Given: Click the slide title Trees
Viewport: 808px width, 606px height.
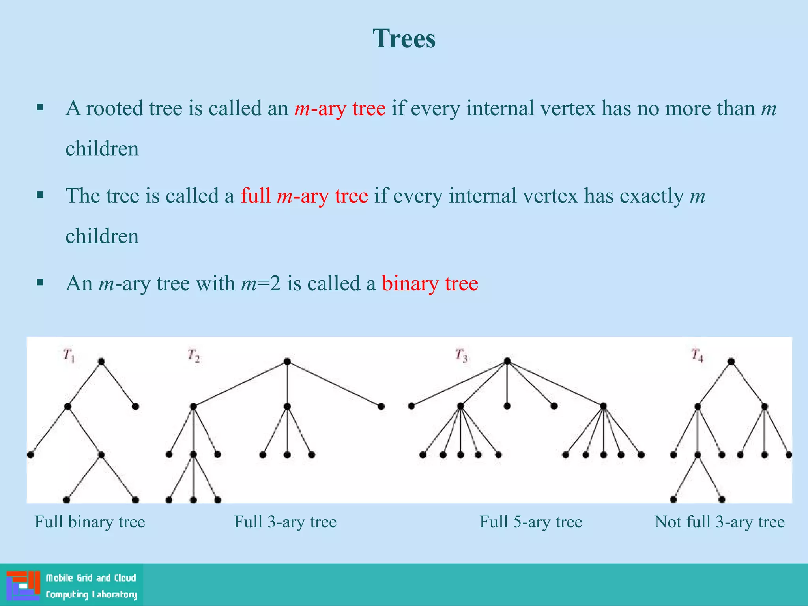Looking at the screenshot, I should pyautogui.click(x=404, y=39).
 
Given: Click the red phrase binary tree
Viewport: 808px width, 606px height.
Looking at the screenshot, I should pyautogui.click(x=430, y=284).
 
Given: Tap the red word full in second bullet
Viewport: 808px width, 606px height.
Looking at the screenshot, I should pyautogui.click(x=256, y=196).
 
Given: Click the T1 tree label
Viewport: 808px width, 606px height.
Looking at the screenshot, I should pyautogui.click(x=69, y=355).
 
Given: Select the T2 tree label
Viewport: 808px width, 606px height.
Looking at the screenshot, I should pyautogui.click(x=194, y=355).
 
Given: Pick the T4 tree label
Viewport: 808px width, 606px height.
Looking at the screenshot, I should pyautogui.click(x=697, y=355).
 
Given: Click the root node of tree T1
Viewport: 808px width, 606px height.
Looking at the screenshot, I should pyautogui.click(x=101, y=361).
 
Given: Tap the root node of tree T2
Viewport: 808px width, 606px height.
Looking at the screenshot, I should pyautogui.click(x=287, y=361).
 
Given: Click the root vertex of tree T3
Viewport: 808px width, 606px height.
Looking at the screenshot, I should pyautogui.click(x=507, y=361).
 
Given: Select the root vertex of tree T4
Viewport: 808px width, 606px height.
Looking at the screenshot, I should pyautogui.click(x=731, y=361).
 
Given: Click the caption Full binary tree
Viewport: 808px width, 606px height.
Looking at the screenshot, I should pyautogui.click(x=90, y=522).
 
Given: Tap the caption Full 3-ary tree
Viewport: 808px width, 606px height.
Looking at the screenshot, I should pyautogui.click(x=285, y=522).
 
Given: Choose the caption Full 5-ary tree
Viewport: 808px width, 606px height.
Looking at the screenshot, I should pyautogui.click(x=531, y=522).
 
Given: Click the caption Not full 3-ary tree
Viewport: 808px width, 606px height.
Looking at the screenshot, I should pyautogui.click(x=719, y=522).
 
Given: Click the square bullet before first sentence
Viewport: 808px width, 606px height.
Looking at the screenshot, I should pyautogui.click(x=40, y=108).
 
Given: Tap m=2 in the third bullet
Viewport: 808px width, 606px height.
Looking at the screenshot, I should pyautogui.click(x=261, y=284).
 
